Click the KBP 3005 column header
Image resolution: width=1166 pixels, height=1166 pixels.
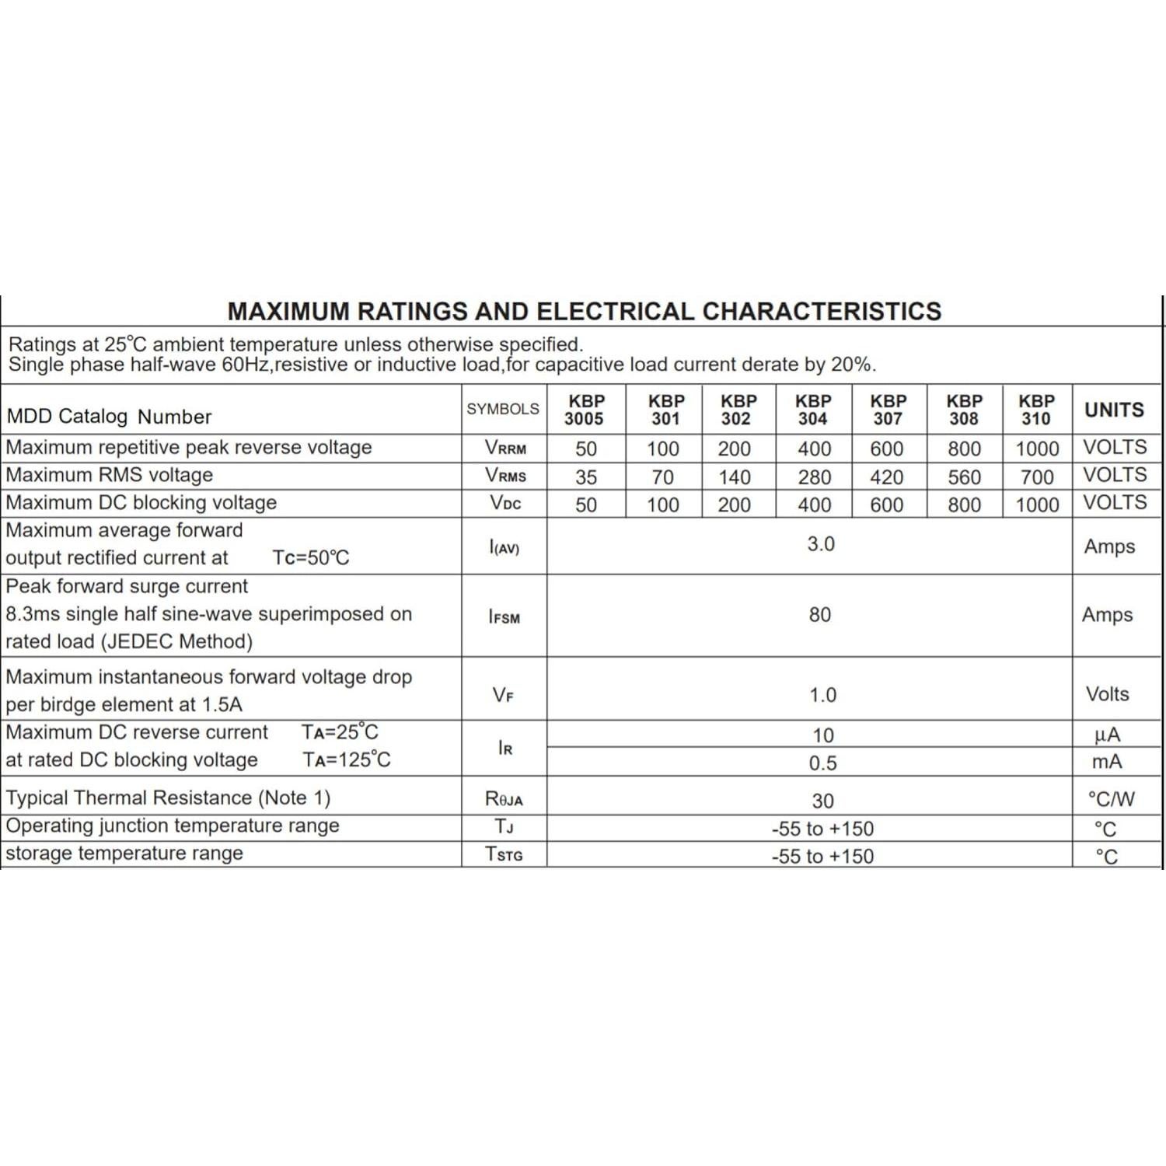(585, 410)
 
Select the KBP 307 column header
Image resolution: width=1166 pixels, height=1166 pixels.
(888, 410)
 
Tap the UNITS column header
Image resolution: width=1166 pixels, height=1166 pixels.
(1114, 410)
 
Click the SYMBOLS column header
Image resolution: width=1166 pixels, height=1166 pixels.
(503, 409)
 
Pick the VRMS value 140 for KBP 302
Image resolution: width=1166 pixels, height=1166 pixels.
(735, 477)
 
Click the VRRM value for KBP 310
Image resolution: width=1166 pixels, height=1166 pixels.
(1037, 449)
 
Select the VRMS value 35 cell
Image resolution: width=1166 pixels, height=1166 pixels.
(586, 477)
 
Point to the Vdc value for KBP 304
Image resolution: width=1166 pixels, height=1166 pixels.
(814, 505)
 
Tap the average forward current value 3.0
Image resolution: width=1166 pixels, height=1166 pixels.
(821, 544)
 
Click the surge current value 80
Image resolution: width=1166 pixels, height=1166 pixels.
(820, 615)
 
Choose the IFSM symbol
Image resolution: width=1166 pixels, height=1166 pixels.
(504, 617)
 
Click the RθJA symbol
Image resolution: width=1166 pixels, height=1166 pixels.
(504, 799)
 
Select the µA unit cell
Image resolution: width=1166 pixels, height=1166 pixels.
(1107, 735)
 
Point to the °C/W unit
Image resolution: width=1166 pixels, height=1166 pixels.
(1112, 799)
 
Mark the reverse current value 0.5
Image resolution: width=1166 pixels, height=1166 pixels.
(822, 763)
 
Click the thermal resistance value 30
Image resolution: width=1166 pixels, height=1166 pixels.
(822, 801)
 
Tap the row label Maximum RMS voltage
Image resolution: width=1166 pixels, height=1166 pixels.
(110, 475)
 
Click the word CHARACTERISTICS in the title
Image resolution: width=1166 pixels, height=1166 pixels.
(822, 311)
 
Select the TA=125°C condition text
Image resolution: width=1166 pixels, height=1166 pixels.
(347, 759)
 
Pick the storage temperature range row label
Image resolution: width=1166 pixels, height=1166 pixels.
(124, 854)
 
